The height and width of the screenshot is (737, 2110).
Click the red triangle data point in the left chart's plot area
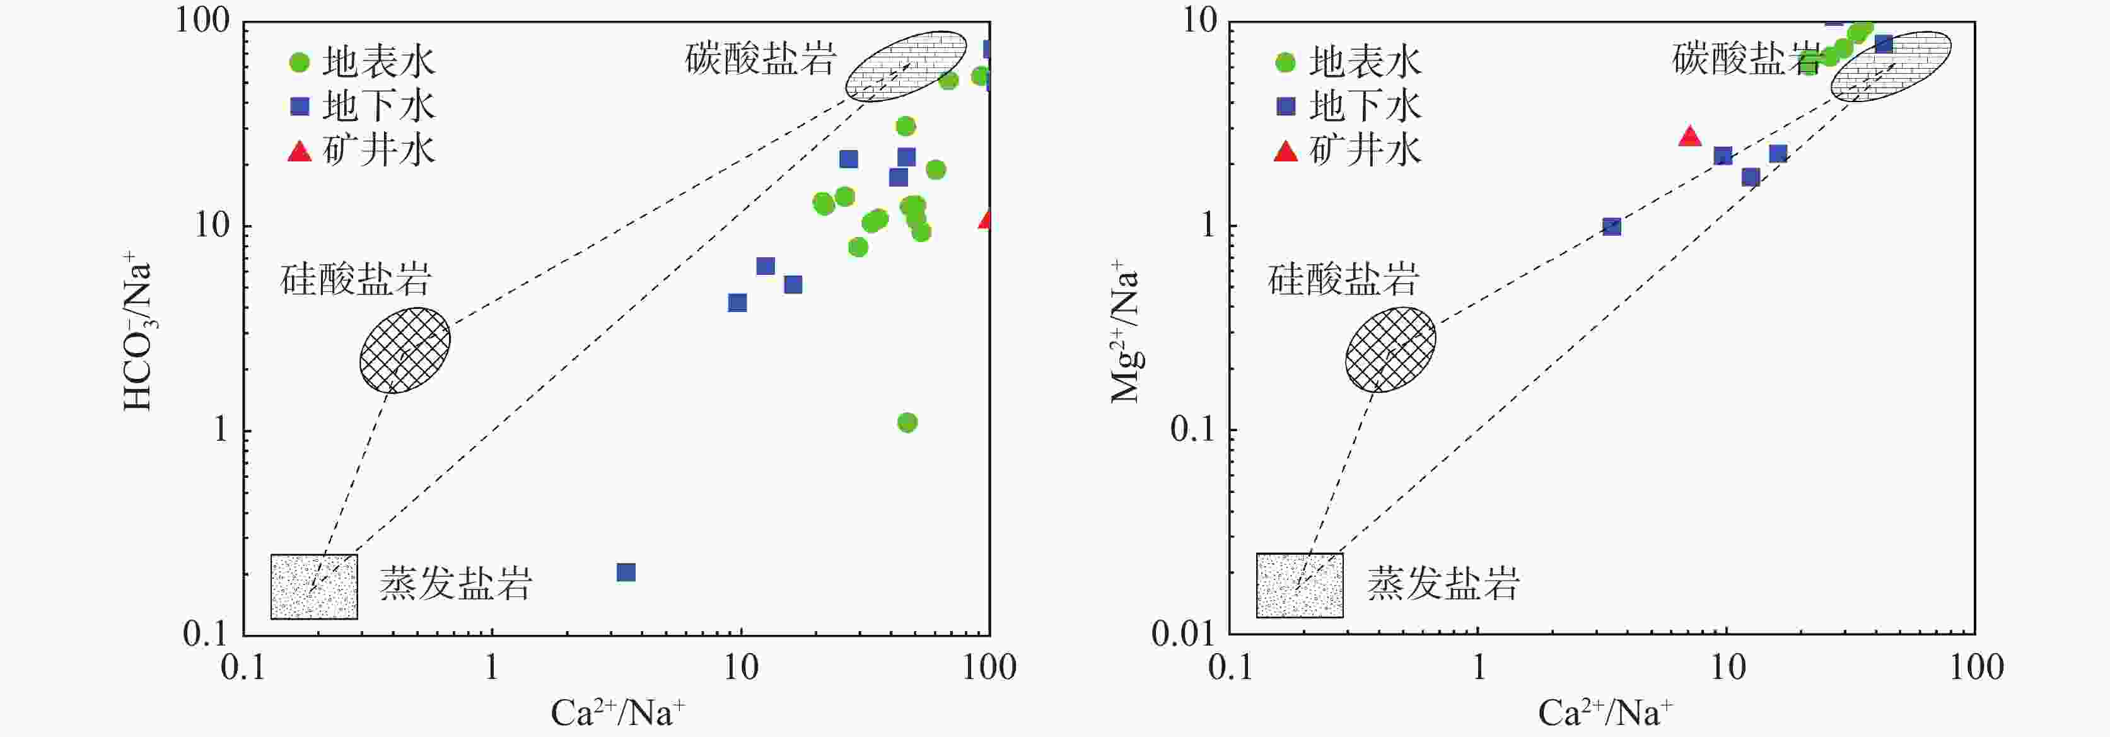coord(986,219)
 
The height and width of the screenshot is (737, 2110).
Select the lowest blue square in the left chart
coord(626,572)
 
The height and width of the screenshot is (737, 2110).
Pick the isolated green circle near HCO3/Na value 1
coord(907,422)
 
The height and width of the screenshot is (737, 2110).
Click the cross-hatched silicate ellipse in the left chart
coord(405,351)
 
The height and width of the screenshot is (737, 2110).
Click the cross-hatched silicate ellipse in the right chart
coord(1390,350)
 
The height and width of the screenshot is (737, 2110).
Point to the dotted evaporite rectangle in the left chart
coord(313,586)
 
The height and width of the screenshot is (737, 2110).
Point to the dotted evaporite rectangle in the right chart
coord(1300,586)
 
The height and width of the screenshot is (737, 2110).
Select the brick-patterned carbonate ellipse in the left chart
coord(906,66)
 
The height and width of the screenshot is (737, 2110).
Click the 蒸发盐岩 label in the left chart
coord(455,584)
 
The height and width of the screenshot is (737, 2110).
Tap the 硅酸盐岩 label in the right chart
coord(1343,279)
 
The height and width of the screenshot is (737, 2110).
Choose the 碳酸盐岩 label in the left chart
coord(761,58)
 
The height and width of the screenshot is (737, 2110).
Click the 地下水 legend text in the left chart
coord(378,107)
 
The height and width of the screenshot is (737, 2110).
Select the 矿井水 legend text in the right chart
coord(1365,151)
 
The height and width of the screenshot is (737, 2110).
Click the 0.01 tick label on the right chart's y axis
coord(1184,634)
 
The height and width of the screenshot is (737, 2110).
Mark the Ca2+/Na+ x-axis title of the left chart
coord(617,712)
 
